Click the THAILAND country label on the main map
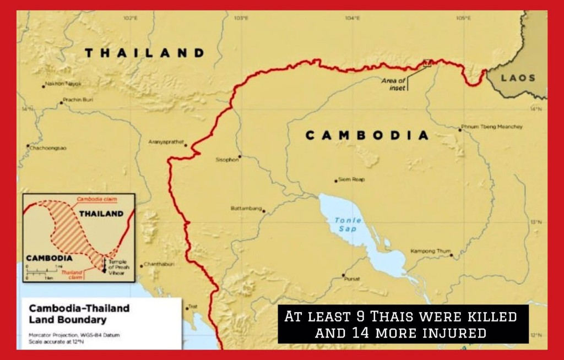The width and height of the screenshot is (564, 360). (x=144, y=53)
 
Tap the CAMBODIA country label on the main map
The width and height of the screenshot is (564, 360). (x=367, y=135)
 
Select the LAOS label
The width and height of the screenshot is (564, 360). (x=518, y=78)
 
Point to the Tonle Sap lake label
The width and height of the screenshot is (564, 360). (x=346, y=224)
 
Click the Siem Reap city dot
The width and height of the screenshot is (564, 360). (x=336, y=181)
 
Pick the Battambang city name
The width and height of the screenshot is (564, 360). (x=246, y=209)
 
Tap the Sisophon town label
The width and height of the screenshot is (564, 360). (x=227, y=160)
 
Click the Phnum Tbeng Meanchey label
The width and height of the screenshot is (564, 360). (x=493, y=127)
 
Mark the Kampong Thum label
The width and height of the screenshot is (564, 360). (x=430, y=251)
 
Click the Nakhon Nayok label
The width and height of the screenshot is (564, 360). (x=63, y=84)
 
